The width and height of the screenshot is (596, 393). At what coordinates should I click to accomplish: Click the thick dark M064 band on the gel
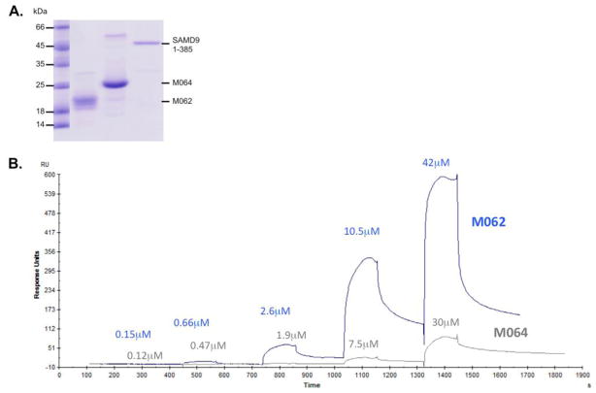pos(116,84)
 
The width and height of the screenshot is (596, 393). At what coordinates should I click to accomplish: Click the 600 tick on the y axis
pos(47,175)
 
